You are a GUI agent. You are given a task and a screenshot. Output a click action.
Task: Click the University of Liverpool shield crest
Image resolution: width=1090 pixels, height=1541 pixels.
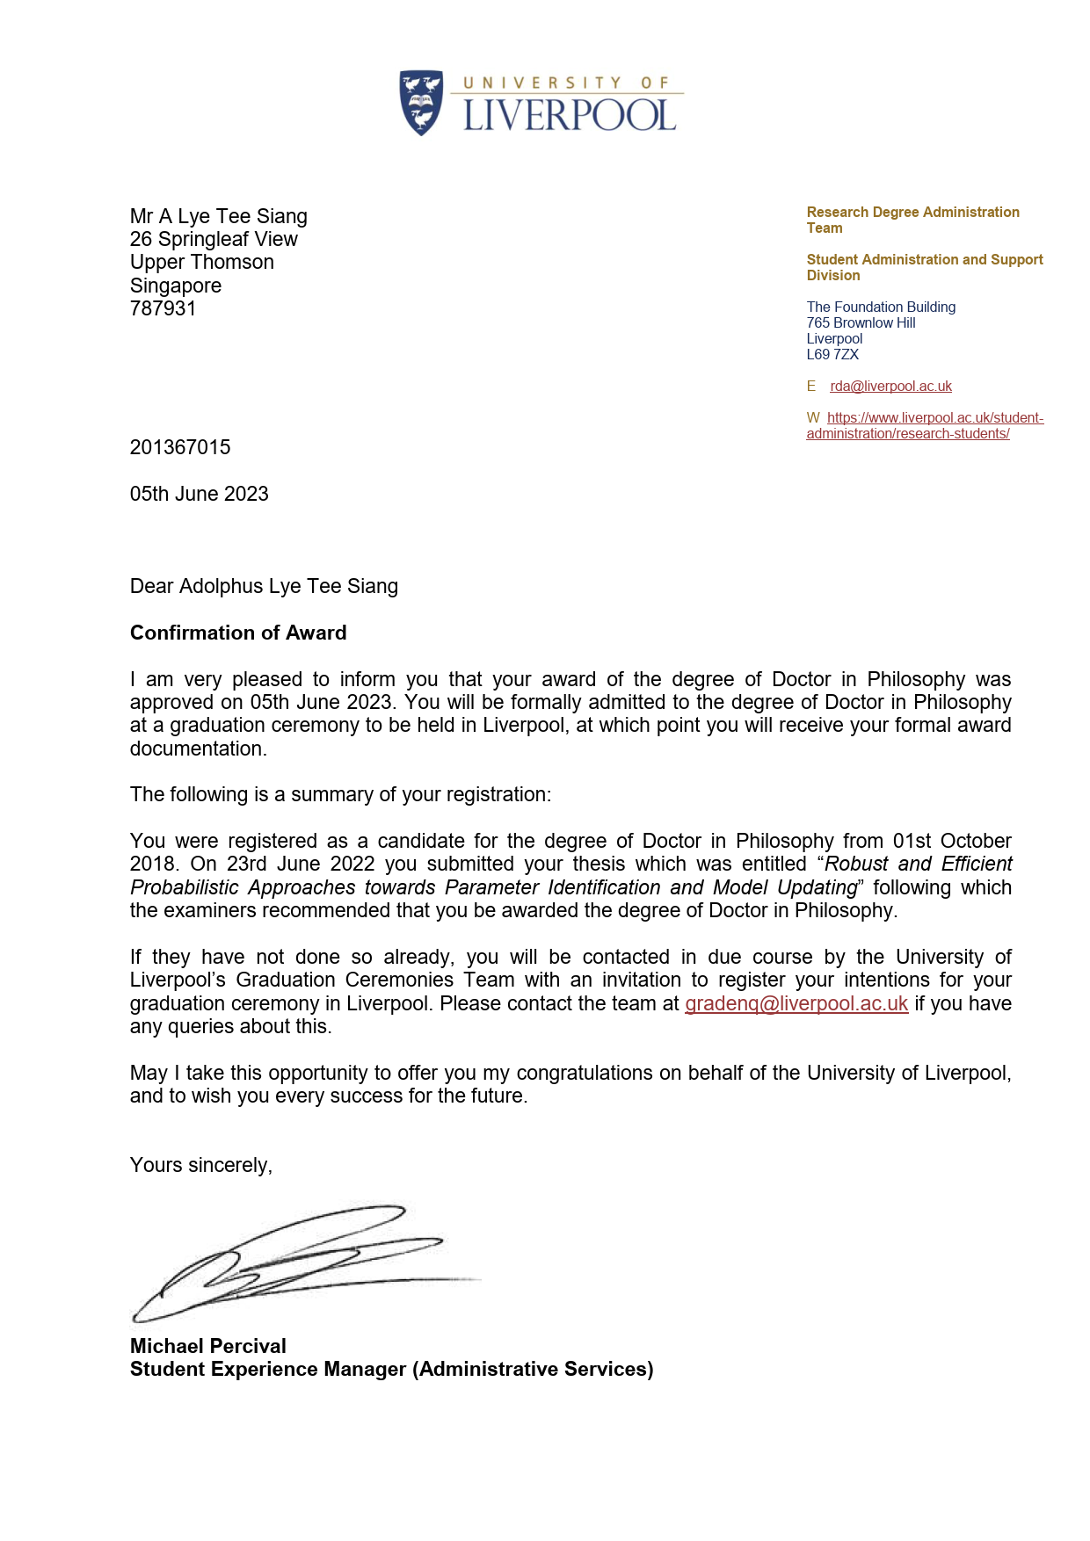coord(421,102)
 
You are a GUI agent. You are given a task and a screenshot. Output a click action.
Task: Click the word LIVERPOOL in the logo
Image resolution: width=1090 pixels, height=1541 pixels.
coord(570,116)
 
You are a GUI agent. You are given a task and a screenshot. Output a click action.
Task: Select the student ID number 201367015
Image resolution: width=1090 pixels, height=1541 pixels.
coord(180,447)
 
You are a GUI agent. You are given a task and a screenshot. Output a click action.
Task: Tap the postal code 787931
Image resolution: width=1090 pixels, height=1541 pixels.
coord(163,308)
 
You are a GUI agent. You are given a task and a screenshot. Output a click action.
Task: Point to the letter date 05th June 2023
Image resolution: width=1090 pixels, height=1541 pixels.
coord(200,494)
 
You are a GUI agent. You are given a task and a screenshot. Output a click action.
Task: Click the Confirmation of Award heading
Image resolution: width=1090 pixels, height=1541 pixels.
coord(238,633)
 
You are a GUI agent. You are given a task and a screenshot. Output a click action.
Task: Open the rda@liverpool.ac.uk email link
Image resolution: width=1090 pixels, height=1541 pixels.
coord(890,387)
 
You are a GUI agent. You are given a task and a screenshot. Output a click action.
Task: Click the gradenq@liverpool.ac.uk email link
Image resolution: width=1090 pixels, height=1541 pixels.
coord(796,1003)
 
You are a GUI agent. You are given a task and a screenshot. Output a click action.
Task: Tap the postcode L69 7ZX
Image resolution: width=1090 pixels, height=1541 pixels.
coord(832,355)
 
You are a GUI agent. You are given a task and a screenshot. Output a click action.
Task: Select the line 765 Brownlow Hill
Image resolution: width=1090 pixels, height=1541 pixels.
coord(861,323)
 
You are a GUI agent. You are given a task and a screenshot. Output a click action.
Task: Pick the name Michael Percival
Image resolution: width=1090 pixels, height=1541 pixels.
coord(208,1346)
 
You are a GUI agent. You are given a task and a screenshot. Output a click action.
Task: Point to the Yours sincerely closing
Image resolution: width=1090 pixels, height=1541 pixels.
coord(201,1165)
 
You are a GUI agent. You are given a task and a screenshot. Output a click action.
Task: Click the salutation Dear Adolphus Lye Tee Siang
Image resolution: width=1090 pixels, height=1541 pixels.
coord(264,586)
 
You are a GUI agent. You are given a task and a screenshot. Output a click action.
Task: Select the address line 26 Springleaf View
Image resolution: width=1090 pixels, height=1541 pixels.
coord(214,239)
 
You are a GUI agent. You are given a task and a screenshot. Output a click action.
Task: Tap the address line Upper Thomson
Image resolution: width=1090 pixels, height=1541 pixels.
coord(202,262)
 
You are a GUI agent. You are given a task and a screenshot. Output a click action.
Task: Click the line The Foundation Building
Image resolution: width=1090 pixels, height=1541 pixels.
coord(881,307)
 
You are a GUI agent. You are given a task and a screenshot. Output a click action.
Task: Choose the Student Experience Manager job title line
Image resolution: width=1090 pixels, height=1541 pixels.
coord(391,1369)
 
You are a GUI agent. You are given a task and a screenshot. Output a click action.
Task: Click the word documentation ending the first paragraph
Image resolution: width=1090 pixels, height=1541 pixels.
coord(197,749)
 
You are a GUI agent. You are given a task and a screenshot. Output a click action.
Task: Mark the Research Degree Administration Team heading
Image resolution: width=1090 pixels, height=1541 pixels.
coord(912,220)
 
